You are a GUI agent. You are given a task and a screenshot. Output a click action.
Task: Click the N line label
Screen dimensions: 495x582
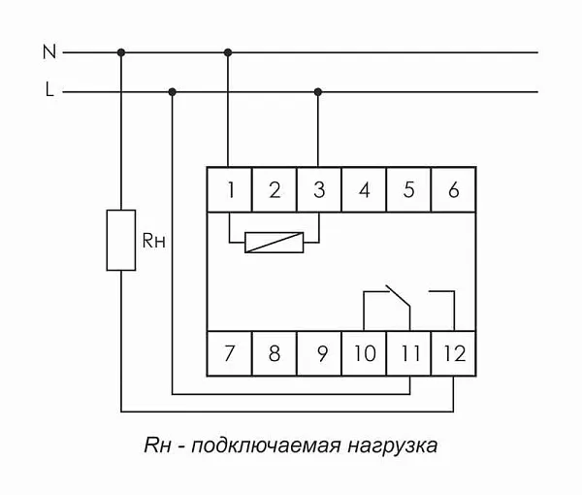tap(49, 52)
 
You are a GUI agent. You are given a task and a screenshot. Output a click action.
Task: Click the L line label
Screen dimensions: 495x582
tap(49, 91)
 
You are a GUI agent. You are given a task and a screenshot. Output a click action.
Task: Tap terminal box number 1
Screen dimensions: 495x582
tap(230, 190)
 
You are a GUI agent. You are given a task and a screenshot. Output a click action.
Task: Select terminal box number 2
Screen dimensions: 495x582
tap(275, 190)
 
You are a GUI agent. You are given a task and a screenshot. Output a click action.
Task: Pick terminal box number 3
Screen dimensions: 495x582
tap(319, 190)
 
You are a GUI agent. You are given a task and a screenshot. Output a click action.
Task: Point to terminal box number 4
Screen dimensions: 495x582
tap(364, 190)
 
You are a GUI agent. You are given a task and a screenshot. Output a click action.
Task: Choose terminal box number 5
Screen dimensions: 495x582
tap(408, 190)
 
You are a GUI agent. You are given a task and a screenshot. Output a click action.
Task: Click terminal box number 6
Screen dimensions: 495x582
tap(453, 190)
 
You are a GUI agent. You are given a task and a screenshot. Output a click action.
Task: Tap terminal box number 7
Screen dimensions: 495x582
tap(230, 353)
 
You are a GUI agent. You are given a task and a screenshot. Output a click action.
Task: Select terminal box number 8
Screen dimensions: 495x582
tap(275, 353)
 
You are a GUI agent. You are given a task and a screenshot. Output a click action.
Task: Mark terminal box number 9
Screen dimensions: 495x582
tap(319, 353)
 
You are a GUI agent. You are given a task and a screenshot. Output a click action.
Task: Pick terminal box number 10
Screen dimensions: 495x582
tap(364, 353)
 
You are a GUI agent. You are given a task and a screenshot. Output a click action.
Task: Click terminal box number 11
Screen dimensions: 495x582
tap(408, 353)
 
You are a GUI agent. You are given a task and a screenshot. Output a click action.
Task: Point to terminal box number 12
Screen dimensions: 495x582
tap(453, 353)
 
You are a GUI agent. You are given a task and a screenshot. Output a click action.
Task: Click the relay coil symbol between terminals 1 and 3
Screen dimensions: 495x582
tap(275, 242)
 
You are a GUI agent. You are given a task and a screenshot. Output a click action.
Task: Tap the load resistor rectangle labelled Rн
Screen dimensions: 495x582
tap(120, 240)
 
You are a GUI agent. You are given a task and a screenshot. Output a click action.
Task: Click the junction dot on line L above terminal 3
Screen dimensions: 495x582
tap(319, 92)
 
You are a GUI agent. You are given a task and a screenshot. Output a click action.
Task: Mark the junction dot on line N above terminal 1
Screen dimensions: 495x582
tap(230, 52)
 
